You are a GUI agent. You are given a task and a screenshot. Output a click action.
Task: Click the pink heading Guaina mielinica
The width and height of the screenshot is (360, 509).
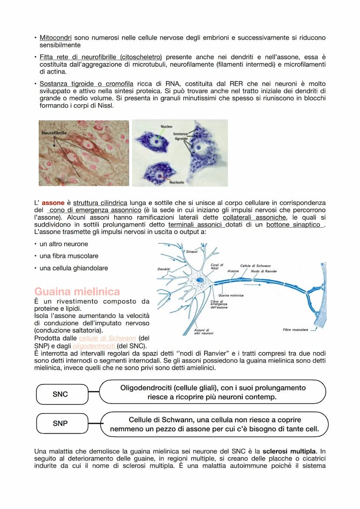coord(77,291)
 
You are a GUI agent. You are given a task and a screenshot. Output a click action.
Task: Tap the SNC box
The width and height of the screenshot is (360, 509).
coord(60,394)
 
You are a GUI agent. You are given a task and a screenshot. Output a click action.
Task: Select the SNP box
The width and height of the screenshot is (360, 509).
coord(60,423)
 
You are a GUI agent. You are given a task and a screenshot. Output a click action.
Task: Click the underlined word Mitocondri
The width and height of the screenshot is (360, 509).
coord(56,38)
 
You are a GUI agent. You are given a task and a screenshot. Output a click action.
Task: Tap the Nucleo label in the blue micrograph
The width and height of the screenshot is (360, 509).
coord(166,126)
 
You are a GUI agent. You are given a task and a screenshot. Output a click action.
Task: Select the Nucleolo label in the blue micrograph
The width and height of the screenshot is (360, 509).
coord(177,183)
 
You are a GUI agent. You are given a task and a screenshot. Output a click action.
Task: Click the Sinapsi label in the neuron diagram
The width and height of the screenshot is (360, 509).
coord(191,251)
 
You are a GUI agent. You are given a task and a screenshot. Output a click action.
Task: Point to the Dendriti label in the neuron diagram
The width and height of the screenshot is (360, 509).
coord(164,269)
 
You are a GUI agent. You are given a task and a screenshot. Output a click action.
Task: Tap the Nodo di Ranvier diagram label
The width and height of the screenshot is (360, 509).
coord(263,271)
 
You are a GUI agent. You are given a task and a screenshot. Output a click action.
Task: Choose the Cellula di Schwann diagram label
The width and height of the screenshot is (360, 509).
coord(255,265)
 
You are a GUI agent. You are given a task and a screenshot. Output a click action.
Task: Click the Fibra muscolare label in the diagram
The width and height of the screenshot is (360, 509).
coord(295,329)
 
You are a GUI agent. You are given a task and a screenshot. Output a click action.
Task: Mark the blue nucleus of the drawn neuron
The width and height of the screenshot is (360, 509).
coord(200,280)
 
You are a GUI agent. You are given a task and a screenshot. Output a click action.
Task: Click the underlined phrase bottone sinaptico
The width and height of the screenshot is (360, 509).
coord(294,224)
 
